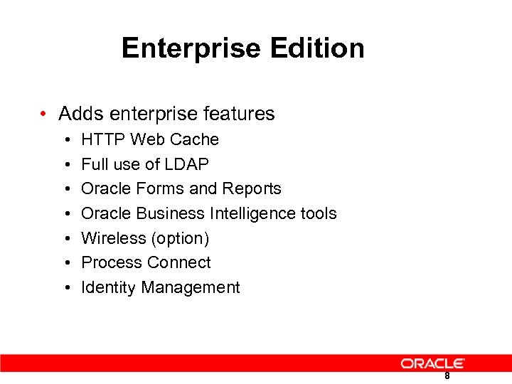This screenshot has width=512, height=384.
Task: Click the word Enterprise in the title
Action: (x=190, y=48)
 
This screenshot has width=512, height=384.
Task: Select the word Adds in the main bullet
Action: (x=79, y=114)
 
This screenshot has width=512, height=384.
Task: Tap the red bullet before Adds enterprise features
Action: (x=44, y=114)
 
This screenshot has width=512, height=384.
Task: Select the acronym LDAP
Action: (x=187, y=164)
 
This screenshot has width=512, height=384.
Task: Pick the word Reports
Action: (x=252, y=188)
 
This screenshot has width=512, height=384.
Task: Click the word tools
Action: (x=319, y=213)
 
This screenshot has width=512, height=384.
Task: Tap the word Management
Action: (x=191, y=287)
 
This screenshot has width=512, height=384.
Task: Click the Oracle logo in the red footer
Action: (x=432, y=363)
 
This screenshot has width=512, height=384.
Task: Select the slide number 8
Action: (x=447, y=376)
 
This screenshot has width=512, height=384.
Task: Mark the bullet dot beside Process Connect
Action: (x=66, y=263)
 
